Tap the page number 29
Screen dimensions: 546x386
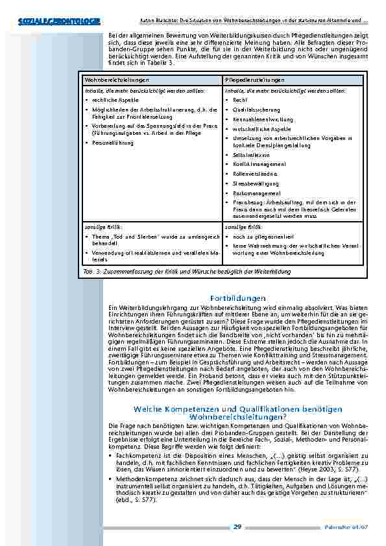pyautogui.click(x=237, y=527)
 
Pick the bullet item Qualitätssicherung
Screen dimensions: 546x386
pyautogui.click(x=253, y=110)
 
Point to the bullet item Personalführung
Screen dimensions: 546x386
pyautogui.click(x=113, y=143)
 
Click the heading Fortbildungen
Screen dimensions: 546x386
pyautogui.click(x=238, y=298)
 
